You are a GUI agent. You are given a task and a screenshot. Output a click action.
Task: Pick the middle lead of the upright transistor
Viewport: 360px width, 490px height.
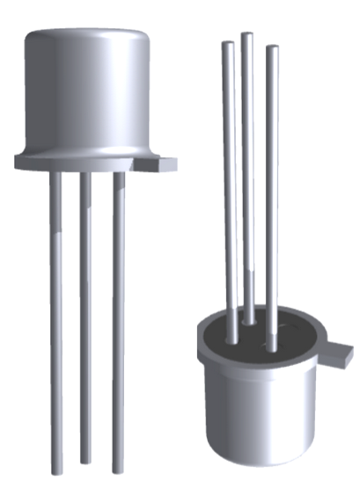[x=85, y=317]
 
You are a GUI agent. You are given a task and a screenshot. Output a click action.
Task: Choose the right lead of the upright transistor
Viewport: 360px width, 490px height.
[x=118, y=317]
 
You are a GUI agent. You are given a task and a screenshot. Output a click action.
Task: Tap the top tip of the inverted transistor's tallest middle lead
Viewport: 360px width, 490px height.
[x=247, y=36]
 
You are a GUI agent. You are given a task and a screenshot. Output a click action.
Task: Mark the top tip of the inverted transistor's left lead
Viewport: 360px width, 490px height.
[x=227, y=43]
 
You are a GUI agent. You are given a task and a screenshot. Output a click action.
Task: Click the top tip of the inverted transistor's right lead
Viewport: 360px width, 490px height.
[x=272, y=49]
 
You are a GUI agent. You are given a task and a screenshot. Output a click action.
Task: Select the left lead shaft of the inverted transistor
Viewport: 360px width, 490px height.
[x=229, y=194]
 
